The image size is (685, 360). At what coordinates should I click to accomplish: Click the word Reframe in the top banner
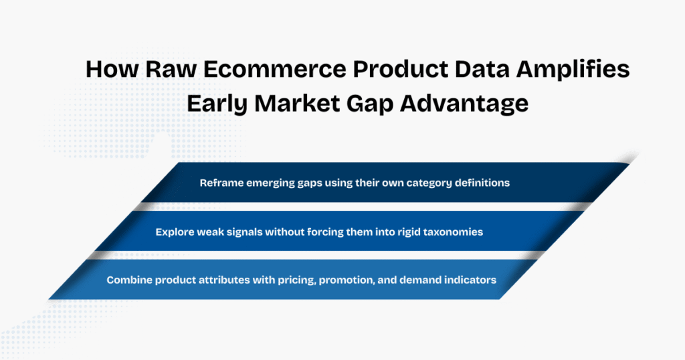tap(221, 183)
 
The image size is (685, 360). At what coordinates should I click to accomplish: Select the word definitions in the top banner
tap(478, 183)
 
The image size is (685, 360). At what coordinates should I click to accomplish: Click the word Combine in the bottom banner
tap(128, 280)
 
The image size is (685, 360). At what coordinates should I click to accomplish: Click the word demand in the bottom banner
tap(423, 280)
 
